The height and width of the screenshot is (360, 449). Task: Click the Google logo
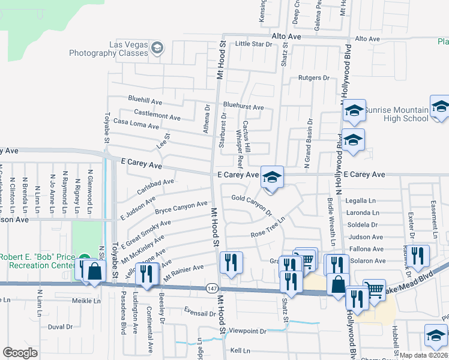coord(20,353)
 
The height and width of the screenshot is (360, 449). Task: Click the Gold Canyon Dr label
coord(252,204)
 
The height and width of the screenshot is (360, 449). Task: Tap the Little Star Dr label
coord(253,44)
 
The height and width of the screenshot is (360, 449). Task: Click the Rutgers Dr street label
coord(314,78)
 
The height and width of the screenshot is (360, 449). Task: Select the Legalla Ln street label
coord(360,201)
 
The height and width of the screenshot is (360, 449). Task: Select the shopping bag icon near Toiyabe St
coord(95,271)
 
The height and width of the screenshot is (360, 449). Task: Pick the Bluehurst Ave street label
coord(243,107)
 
